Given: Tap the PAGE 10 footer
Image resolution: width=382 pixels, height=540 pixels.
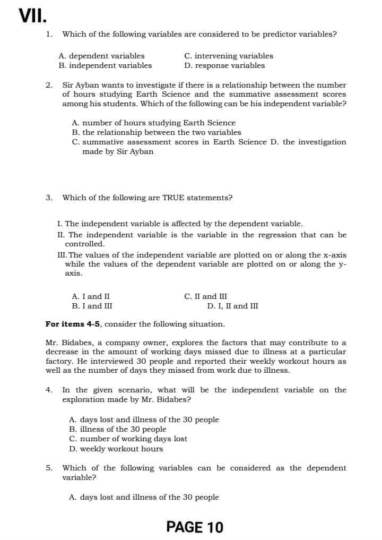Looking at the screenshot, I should click(x=195, y=527).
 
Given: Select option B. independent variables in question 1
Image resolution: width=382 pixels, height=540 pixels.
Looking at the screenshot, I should click(x=105, y=66).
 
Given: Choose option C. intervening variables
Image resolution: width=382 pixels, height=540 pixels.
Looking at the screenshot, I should click(x=229, y=56).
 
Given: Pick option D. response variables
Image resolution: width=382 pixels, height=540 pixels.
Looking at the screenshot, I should click(x=224, y=66).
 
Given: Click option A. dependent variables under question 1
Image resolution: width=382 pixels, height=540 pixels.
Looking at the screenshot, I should click(x=101, y=56).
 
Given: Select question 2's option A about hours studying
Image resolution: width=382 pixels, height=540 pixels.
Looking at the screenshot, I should click(x=153, y=123).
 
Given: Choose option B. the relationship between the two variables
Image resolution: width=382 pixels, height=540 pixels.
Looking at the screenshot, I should click(x=156, y=132).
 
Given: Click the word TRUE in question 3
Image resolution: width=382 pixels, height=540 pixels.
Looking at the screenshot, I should click(x=174, y=198).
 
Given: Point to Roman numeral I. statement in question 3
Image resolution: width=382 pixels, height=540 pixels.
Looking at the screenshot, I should click(x=59, y=224).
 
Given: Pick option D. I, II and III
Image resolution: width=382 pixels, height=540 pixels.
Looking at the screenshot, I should click(x=233, y=306).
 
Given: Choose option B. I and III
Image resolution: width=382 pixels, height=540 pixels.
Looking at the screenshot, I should click(x=92, y=306).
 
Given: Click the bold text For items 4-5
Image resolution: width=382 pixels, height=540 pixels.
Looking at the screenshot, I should click(x=74, y=324).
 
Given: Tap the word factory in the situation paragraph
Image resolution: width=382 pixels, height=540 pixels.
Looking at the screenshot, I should click(x=59, y=361).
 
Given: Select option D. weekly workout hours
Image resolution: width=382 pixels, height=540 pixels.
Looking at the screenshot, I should click(x=116, y=449).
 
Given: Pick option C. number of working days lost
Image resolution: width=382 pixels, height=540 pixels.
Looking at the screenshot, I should click(x=128, y=439).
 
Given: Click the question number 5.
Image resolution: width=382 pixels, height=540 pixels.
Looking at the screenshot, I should click(x=49, y=468).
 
